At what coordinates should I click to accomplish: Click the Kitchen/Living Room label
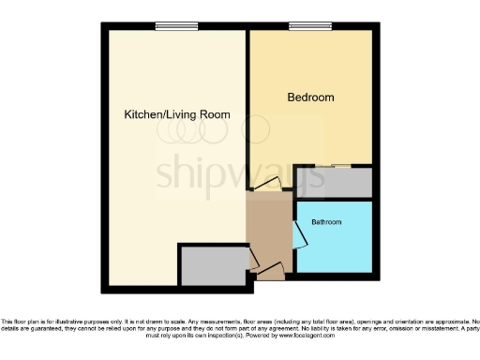pyautogui.click(x=177, y=114)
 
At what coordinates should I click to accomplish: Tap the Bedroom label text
pyautogui.click(x=309, y=97)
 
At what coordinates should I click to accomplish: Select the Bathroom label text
pyautogui.click(x=326, y=222)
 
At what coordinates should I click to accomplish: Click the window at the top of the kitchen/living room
pyautogui.click(x=169, y=26)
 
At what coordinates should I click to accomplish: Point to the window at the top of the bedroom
pyautogui.click(x=302, y=26)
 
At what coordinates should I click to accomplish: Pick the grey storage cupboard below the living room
pyautogui.click(x=214, y=266)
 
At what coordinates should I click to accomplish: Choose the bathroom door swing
pyautogui.click(x=297, y=235)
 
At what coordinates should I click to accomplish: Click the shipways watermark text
pyautogui.click(x=240, y=172)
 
